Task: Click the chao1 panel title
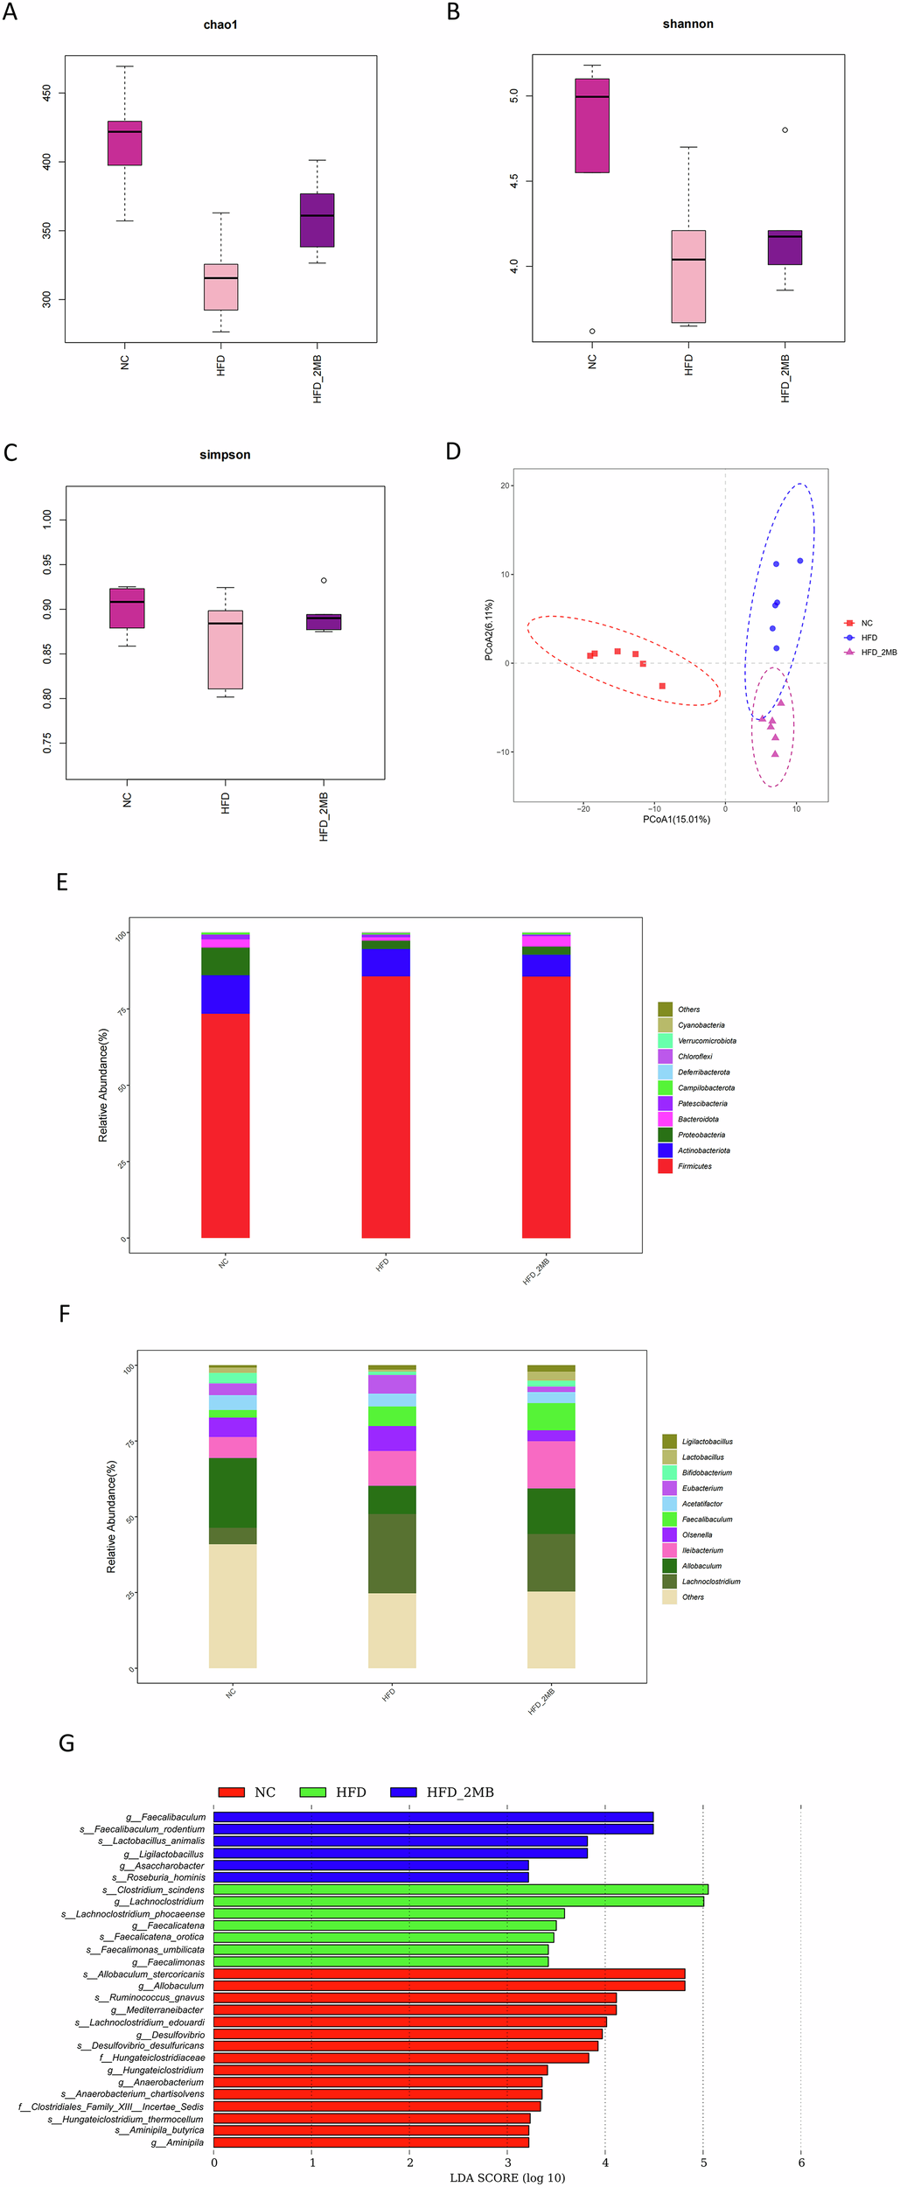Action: [x=220, y=24]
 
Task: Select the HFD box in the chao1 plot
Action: [x=220, y=287]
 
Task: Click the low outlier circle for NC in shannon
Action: [x=592, y=332]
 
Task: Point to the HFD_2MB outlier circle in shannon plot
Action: [x=785, y=130]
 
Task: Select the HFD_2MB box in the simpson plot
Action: [x=324, y=622]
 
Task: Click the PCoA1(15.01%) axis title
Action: [x=676, y=820]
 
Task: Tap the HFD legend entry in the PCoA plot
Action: [x=869, y=638]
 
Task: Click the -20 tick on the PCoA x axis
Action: [x=583, y=809]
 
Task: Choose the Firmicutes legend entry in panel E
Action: [x=694, y=1166]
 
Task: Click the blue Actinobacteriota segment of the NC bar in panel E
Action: [x=225, y=995]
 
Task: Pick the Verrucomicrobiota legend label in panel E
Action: [x=707, y=1041]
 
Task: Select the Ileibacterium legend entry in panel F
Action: [x=702, y=1550]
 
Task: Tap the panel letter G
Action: [x=66, y=1743]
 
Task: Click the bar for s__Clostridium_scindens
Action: [x=460, y=1890]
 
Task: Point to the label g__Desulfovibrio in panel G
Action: [x=171, y=2035]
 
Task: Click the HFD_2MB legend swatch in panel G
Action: [x=403, y=1792]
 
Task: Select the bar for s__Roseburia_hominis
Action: [x=371, y=1877]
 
